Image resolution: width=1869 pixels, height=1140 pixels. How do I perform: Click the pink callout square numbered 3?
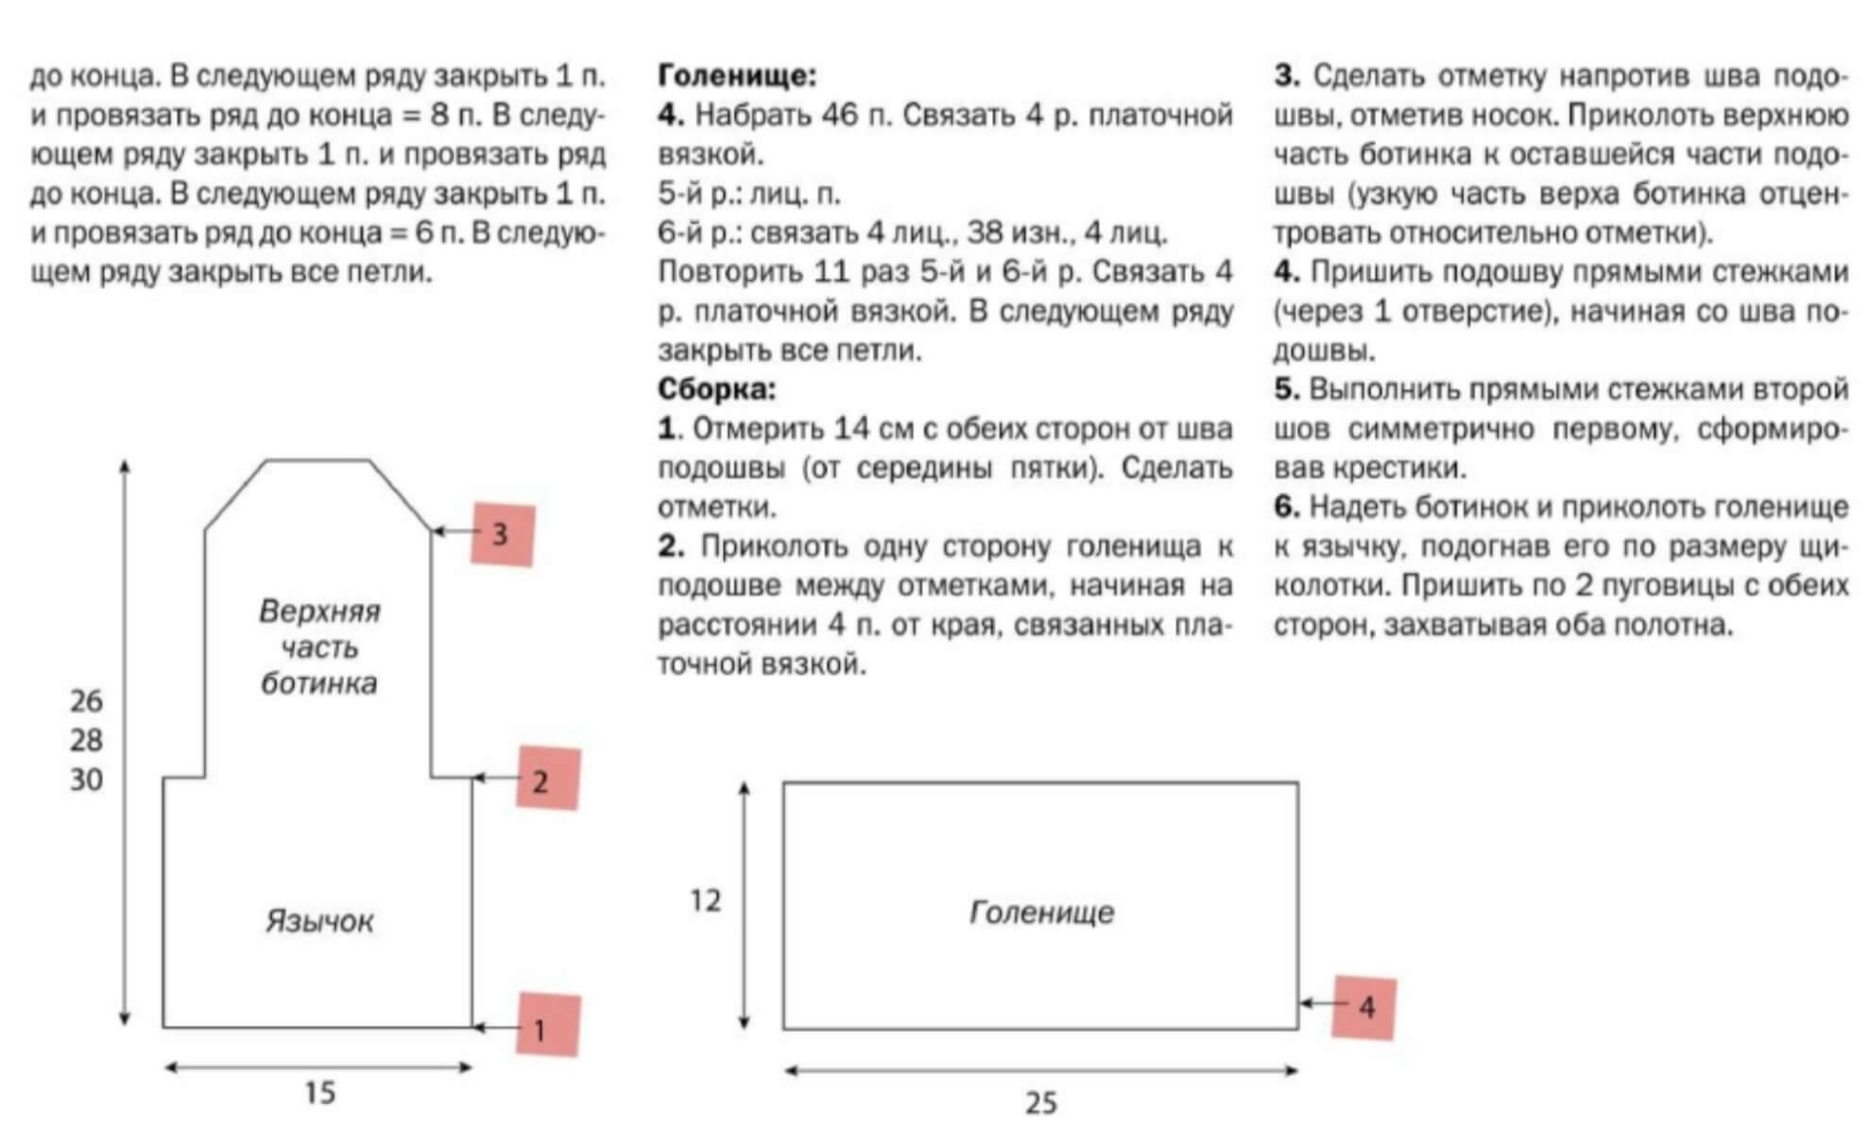(x=503, y=534)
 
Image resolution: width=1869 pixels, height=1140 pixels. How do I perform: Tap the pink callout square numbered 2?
(x=547, y=779)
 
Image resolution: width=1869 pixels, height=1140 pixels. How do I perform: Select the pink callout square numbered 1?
(x=547, y=1026)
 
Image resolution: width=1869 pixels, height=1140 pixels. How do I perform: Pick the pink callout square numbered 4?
(x=1363, y=1008)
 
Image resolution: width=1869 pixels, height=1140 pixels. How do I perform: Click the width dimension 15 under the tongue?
(x=319, y=1094)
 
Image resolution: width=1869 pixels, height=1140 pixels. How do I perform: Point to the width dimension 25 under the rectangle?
(x=1040, y=1103)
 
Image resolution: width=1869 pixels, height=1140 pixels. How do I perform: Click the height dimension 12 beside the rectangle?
(x=705, y=901)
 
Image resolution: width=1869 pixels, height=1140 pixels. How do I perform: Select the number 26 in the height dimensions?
(x=86, y=701)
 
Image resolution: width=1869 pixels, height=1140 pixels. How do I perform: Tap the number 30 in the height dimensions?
(x=86, y=780)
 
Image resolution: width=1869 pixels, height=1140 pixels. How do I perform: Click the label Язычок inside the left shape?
(x=319, y=922)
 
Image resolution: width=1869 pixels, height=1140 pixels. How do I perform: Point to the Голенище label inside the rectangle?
(x=1041, y=912)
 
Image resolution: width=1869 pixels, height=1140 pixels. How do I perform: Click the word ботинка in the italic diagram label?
(x=319, y=683)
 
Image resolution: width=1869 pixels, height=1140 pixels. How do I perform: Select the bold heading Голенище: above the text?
(x=737, y=76)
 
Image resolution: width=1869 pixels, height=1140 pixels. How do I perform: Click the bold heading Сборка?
(x=716, y=389)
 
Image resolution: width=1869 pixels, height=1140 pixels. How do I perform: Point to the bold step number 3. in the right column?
(x=1287, y=76)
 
